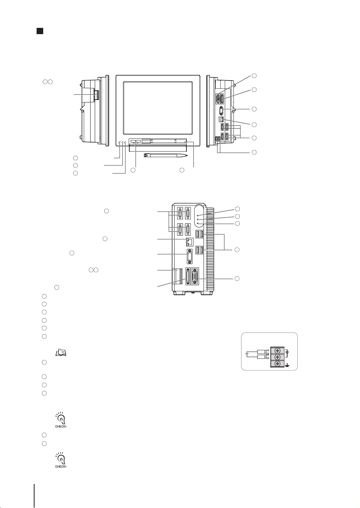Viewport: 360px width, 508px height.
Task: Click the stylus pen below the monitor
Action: [x=166, y=155]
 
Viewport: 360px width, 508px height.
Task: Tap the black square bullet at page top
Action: [x=40, y=31]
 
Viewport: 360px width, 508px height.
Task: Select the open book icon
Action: [x=61, y=352]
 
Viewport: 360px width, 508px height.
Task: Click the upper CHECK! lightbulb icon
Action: [x=61, y=420]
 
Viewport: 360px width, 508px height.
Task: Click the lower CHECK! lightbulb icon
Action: [x=61, y=460]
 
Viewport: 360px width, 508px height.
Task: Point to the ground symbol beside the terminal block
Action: [x=288, y=365]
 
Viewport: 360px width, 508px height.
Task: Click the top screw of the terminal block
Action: [x=277, y=351]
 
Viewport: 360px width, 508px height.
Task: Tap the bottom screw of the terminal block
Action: [x=277, y=363]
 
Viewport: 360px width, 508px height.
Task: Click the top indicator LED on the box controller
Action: [x=198, y=215]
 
